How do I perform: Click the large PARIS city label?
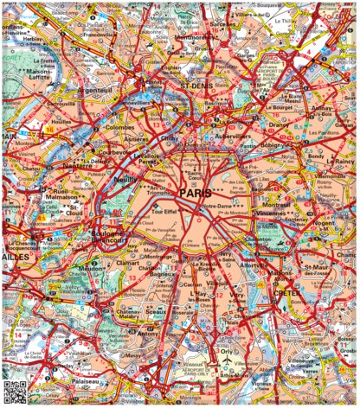[196, 194]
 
